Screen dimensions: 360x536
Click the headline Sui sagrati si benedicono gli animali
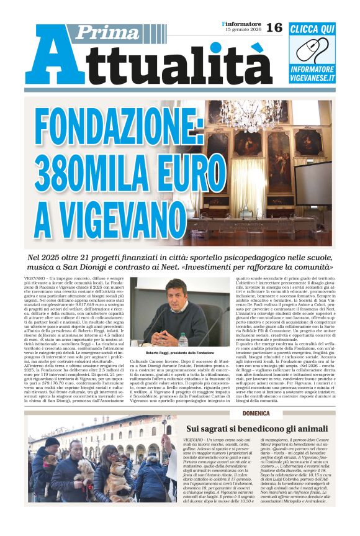pyautogui.click(x=256, y=429)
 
